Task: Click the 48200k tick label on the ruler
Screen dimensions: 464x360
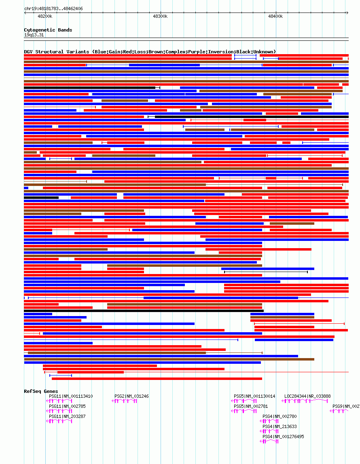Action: click(x=45, y=16)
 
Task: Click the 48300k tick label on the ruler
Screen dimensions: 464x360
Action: click(x=160, y=16)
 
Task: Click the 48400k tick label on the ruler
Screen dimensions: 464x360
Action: click(x=275, y=16)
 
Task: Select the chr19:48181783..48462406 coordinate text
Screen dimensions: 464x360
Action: click(x=54, y=8)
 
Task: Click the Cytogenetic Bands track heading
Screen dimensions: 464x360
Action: click(x=48, y=30)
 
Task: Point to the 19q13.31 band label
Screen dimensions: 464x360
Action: click(x=34, y=35)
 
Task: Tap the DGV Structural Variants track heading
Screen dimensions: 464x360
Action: click(x=150, y=52)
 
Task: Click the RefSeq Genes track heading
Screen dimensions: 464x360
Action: click(x=41, y=391)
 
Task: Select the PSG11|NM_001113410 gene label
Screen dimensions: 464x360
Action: click(x=71, y=396)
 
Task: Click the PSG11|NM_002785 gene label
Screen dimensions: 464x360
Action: click(x=67, y=406)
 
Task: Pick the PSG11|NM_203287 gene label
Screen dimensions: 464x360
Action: click(x=67, y=416)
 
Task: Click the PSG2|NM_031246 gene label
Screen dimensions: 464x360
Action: click(x=131, y=396)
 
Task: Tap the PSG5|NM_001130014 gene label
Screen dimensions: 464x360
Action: click(x=254, y=396)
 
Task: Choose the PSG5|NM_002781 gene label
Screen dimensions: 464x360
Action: click(x=251, y=406)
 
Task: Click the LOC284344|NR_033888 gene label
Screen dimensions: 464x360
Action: click(x=307, y=396)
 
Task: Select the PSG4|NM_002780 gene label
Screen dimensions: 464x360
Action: click(x=280, y=416)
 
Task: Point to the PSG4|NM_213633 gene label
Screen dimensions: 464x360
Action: click(x=280, y=426)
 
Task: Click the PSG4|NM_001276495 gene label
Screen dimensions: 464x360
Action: click(x=283, y=437)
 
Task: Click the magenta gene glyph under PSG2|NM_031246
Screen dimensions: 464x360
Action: click(x=125, y=401)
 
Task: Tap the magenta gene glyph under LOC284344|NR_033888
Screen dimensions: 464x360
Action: click(x=305, y=401)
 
